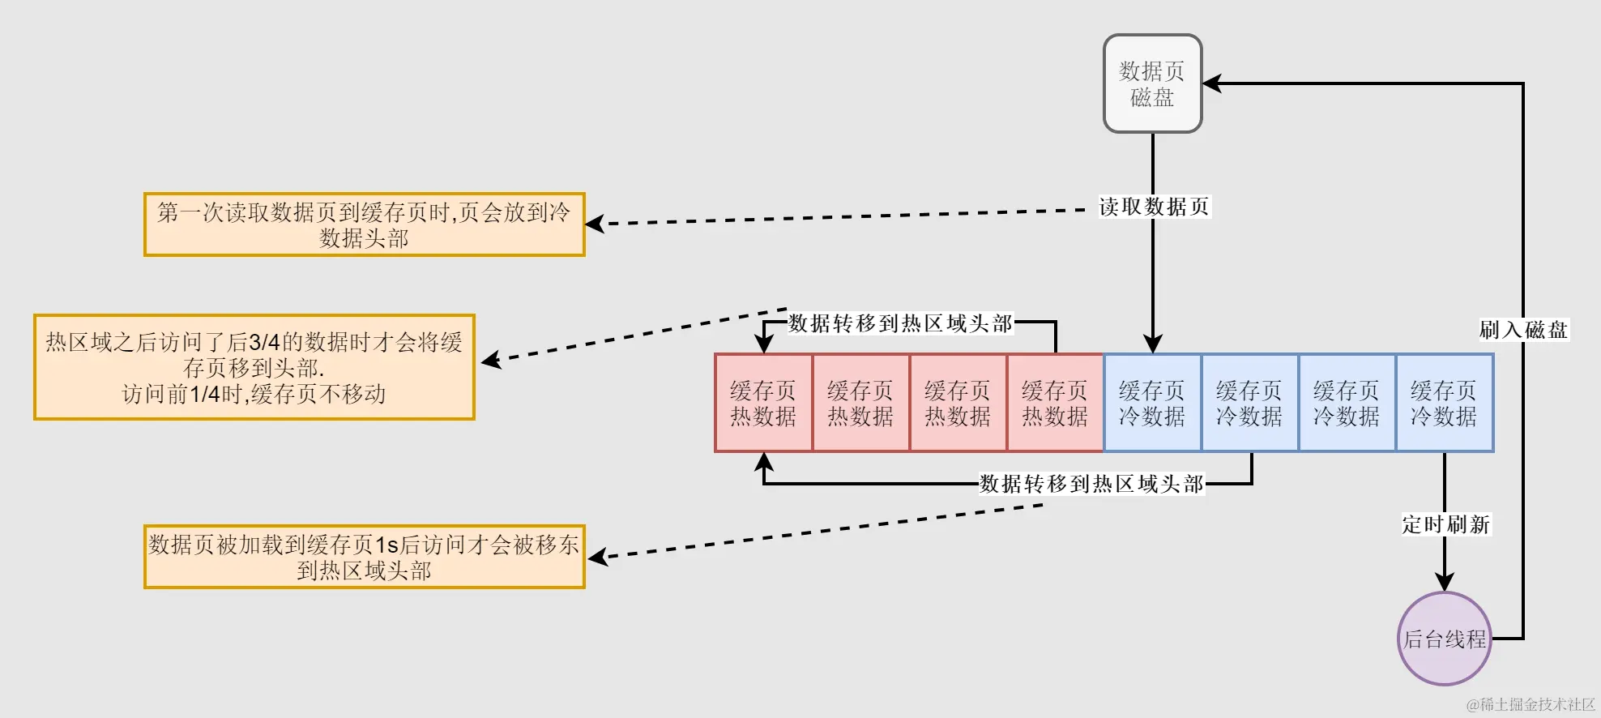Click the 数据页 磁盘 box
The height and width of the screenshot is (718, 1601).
tap(1152, 83)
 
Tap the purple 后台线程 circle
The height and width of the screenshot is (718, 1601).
tap(1445, 639)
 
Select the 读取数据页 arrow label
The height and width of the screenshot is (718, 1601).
tap(1154, 207)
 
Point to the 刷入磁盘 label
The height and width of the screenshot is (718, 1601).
tap(1523, 330)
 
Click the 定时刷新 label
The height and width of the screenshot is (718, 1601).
tap(1445, 524)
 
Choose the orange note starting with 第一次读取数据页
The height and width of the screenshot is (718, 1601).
tap(364, 224)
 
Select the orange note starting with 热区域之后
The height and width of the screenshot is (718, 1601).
tap(254, 367)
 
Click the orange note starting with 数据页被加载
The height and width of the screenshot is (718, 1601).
tap(364, 557)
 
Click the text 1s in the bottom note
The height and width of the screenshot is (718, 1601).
tap(386, 545)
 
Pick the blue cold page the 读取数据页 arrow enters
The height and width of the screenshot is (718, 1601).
tap(1152, 403)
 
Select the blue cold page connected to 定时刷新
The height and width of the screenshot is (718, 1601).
tap(1444, 403)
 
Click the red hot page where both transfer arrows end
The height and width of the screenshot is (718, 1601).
tap(763, 403)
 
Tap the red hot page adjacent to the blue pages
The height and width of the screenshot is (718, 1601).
tap(1055, 403)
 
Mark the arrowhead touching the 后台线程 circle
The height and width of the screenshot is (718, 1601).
tap(1445, 583)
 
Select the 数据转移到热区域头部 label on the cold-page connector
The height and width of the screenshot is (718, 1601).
tap(1091, 484)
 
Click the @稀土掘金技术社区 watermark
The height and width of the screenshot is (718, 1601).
tap(1530, 704)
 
